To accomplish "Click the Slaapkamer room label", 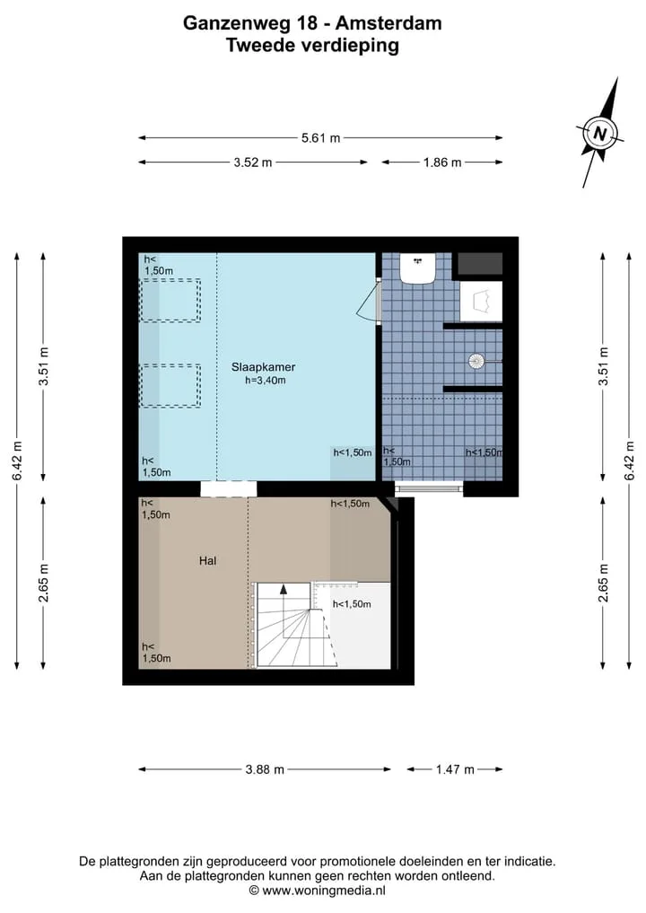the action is click(x=263, y=367).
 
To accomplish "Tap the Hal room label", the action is click(x=208, y=561).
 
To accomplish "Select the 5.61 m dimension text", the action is click(x=320, y=138).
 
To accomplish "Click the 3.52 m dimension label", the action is click(x=253, y=162).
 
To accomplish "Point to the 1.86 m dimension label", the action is click(x=442, y=162).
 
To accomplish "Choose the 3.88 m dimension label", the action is click(x=265, y=769).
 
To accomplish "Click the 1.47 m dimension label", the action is click(x=455, y=769).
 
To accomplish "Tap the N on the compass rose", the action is click(x=599, y=135).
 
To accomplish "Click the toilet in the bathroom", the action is click(x=418, y=268).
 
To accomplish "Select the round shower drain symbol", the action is click(x=476, y=362).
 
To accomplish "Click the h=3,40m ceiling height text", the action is click(x=266, y=381).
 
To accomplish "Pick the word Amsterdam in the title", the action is click(x=388, y=23).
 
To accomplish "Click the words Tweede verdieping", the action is click(x=312, y=46).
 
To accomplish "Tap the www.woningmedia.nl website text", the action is click(x=324, y=891).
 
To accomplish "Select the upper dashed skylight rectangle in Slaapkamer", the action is click(x=170, y=301).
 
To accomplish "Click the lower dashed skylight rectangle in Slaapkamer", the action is click(x=170, y=386).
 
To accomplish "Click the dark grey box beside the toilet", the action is click(x=478, y=264).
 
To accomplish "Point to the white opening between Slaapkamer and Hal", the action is click(x=228, y=488).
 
